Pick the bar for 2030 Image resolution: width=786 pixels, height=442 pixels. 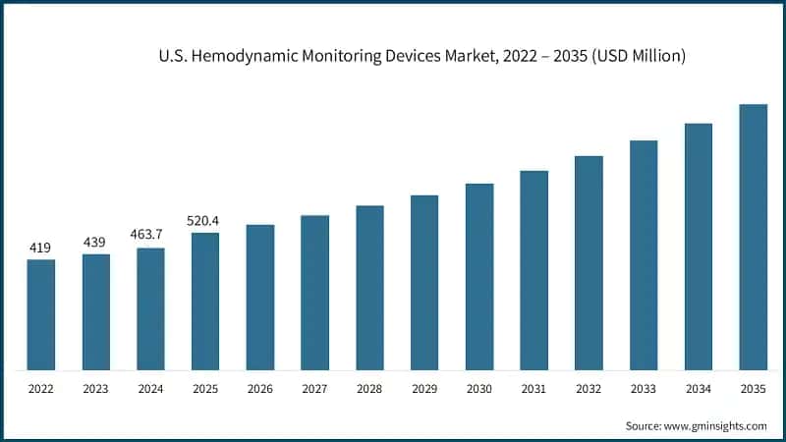[x=479, y=276]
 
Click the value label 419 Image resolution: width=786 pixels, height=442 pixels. [x=40, y=248]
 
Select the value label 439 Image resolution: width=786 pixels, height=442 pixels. [x=95, y=242]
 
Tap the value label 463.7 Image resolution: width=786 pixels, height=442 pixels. [x=150, y=235]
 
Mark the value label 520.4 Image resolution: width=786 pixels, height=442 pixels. [x=205, y=220]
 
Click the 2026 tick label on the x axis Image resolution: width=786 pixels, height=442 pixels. [x=259, y=389]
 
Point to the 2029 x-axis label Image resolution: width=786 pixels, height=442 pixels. [x=424, y=389]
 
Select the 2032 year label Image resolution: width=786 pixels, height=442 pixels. [x=589, y=389]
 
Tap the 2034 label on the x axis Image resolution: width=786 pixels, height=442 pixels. [x=698, y=389]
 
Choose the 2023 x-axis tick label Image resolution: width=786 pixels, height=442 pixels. [x=95, y=389]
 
